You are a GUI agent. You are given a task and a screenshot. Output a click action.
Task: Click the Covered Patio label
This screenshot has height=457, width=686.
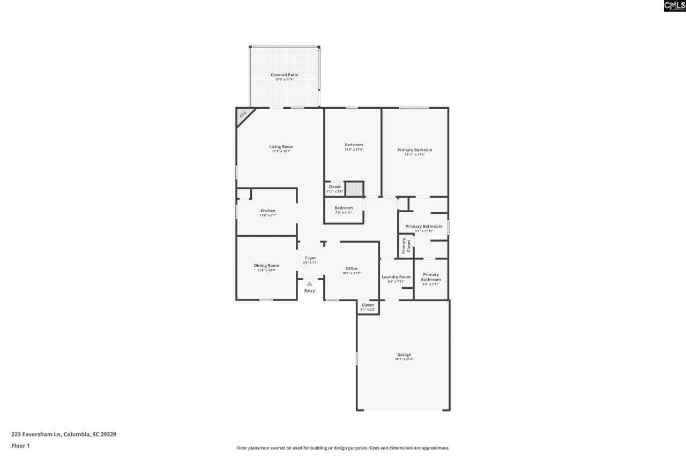(284, 75)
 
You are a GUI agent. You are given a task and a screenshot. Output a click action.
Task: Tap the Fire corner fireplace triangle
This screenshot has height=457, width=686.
(243, 114)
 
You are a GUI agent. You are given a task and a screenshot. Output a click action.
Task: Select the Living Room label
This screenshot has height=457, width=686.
(281, 146)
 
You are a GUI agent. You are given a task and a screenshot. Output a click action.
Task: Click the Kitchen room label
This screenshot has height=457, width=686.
(268, 211)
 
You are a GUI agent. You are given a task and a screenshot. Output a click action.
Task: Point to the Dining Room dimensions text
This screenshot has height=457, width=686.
(266, 271)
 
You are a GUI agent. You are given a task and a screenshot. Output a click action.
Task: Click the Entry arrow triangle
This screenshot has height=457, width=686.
(309, 284)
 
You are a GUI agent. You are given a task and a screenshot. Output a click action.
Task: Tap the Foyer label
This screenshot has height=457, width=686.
(310, 258)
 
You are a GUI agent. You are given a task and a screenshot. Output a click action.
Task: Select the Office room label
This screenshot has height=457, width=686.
(352, 268)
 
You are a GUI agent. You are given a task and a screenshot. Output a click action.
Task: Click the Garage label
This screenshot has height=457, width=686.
(404, 355)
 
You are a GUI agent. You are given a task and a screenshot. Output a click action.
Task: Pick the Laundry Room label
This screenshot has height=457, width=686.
(396, 277)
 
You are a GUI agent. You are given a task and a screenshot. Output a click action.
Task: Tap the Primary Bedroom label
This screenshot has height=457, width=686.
(414, 150)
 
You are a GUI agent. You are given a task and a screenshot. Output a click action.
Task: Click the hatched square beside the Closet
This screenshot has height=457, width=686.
(354, 189)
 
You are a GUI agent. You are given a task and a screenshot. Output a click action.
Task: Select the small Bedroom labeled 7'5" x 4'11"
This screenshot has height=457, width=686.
(344, 208)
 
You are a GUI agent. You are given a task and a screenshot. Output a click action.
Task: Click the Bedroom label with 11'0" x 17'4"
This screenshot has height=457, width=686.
(354, 145)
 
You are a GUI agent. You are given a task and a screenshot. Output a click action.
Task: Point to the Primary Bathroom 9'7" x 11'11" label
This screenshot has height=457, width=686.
(424, 227)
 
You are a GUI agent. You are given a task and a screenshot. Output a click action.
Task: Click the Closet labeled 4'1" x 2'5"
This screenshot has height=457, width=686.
(368, 305)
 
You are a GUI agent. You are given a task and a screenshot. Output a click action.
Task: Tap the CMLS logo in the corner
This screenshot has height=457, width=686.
(674, 6)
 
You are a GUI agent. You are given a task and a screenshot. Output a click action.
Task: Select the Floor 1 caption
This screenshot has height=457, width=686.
(20, 446)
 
